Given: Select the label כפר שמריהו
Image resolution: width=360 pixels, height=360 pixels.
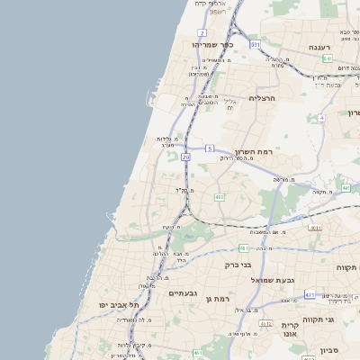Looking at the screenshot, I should point(211,43).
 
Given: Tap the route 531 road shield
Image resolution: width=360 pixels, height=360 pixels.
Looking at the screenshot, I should point(256,43).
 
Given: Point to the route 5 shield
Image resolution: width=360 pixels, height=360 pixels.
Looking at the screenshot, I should point(209,148).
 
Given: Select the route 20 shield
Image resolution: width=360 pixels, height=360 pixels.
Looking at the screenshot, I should point(185,157).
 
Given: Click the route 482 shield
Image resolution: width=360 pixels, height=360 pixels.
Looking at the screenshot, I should point(220,196).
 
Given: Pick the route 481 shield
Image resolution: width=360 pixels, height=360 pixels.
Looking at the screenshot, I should point(244,247).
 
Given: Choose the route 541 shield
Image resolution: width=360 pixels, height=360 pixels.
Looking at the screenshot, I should point(327,58).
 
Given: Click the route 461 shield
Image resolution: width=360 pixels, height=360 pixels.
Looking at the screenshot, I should point(197,354).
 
